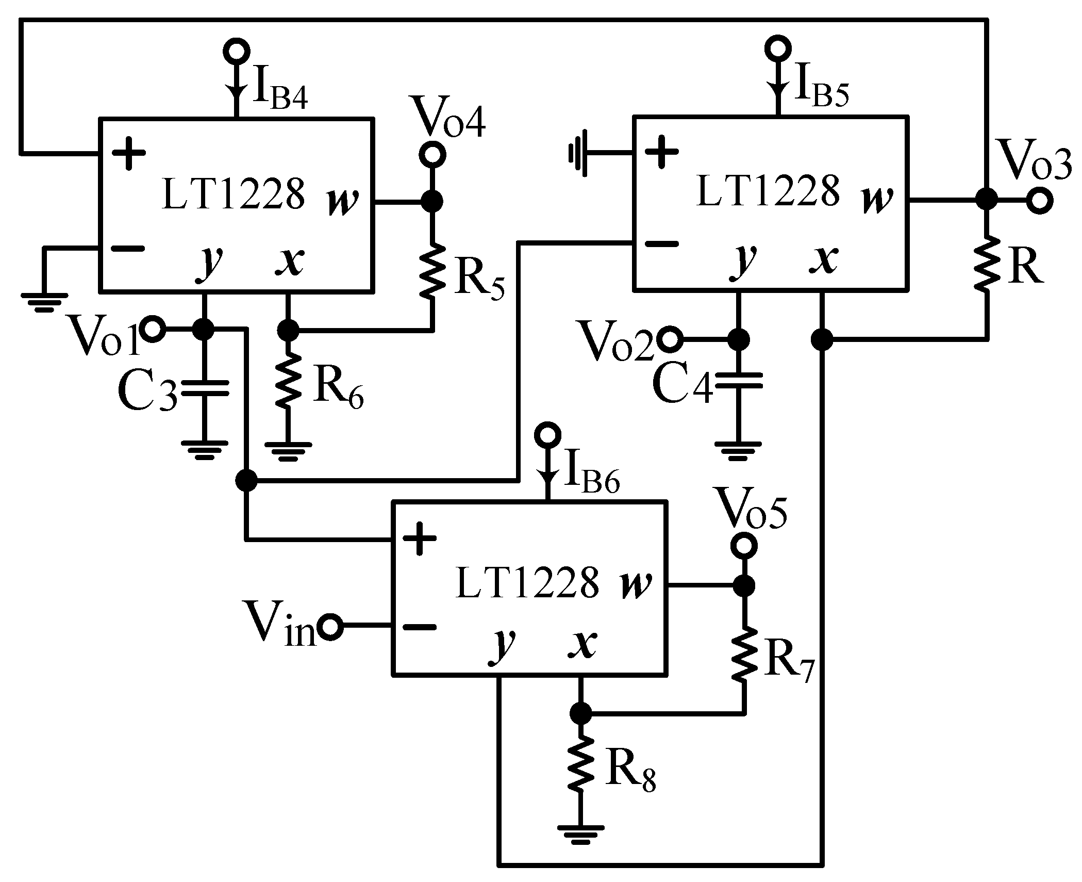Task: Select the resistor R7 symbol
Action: coord(744,654)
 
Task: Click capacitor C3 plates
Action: coord(205,387)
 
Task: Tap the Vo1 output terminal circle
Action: coord(153,329)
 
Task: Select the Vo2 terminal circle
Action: coord(671,339)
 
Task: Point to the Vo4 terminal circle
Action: coord(431,154)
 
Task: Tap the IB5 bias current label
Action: coord(822,91)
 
